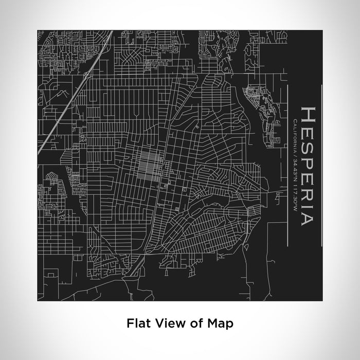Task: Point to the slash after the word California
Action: coord(293,153)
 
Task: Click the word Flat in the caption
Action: coord(137,323)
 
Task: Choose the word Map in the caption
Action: coord(220,323)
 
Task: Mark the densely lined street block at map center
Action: coord(149,167)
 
